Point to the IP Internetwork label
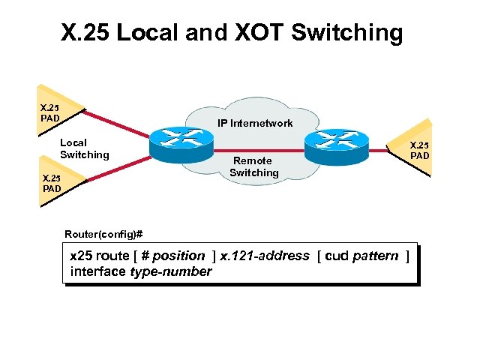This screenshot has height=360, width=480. click(255, 122)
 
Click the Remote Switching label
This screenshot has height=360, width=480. click(253, 166)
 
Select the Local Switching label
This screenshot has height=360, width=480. click(84, 148)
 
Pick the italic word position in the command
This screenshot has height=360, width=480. click(178, 256)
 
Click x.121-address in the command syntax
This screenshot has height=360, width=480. click(264, 256)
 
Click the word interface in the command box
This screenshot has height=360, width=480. click(98, 271)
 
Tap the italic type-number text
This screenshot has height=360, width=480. click(171, 271)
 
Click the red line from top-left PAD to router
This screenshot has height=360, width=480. click(120, 125)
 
